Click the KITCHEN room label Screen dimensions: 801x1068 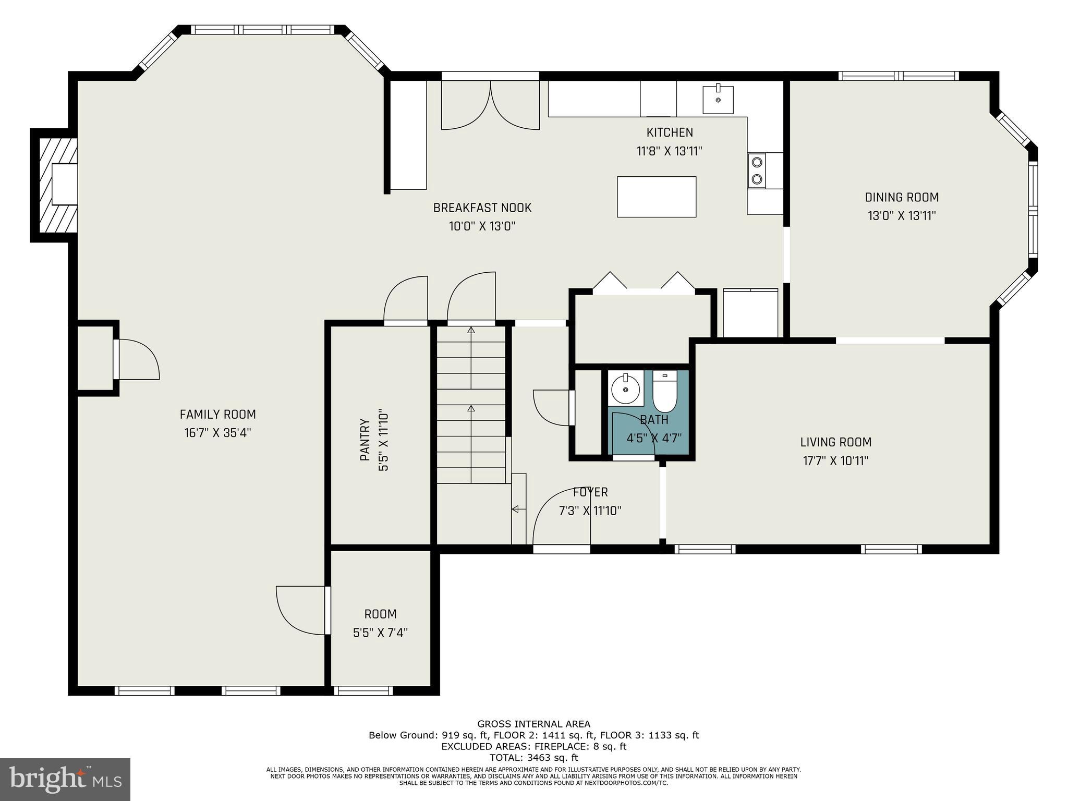point(670,132)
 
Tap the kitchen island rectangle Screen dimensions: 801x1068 point(656,197)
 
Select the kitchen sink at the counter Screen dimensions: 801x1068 point(718,100)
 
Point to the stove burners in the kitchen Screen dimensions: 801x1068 point(757,171)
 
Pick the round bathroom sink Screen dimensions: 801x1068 point(625,389)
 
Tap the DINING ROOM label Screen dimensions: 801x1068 point(902,197)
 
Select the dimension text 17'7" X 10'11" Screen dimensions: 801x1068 point(835,461)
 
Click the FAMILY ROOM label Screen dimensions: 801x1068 point(217,415)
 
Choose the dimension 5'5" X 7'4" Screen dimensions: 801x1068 point(380,633)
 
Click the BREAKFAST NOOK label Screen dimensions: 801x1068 point(482,208)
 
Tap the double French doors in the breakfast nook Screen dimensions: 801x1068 point(490,107)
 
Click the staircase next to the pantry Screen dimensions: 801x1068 point(471,404)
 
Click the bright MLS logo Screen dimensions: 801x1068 point(65,779)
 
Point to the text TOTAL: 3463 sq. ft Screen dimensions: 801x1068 point(533,758)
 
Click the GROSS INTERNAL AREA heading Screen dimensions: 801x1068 point(533,724)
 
